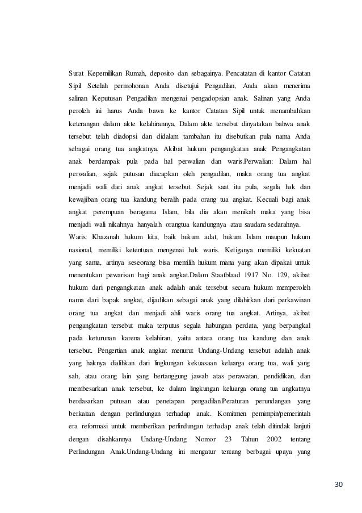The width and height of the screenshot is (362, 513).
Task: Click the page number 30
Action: click(339, 484)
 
